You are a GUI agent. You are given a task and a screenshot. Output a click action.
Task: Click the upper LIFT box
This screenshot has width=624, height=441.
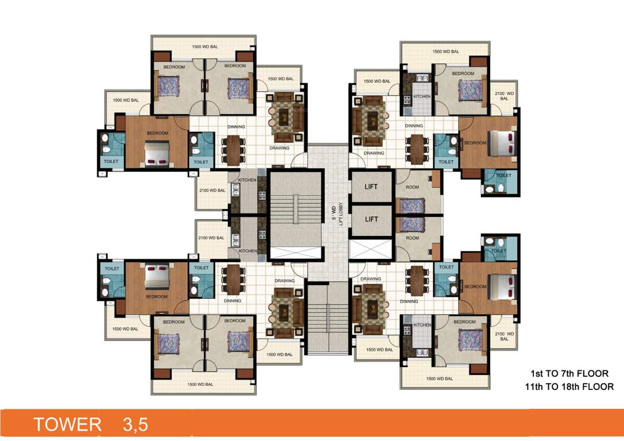tap(371, 187)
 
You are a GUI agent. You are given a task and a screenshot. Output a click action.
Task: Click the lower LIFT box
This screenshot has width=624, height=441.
tap(371, 219)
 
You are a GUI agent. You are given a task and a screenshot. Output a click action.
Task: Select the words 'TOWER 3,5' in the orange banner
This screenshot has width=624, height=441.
tap(91, 424)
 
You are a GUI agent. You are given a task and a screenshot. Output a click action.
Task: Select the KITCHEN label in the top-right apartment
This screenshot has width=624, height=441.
tap(422, 96)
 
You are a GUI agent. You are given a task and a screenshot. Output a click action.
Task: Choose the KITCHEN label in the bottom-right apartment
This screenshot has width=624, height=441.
tap(422, 325)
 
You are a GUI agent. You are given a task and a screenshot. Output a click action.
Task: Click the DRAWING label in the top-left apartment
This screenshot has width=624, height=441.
tap(280, 148)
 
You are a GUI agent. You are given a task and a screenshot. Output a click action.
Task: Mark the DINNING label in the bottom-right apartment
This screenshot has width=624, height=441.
tap(409, 301)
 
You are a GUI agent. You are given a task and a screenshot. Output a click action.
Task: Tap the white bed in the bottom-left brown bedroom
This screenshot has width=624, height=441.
tap(156, 277)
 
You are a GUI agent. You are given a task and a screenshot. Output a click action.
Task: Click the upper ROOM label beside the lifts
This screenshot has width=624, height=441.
tap(412, 187)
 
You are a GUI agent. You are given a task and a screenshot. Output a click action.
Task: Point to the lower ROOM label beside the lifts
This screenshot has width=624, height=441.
tap(412, 238)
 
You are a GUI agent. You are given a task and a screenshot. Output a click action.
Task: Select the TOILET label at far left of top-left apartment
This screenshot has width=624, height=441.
tap(111, 162)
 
